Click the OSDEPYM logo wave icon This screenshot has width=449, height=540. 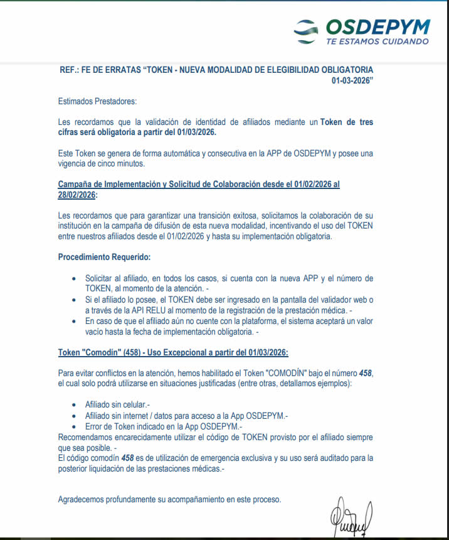coord(310,30)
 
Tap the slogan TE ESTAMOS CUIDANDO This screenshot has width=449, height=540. coord(378,41)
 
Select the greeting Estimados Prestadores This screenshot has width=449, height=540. coord(97,101)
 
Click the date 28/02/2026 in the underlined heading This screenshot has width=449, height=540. coord(77,195)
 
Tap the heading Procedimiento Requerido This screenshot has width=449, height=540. coord(104,257)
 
